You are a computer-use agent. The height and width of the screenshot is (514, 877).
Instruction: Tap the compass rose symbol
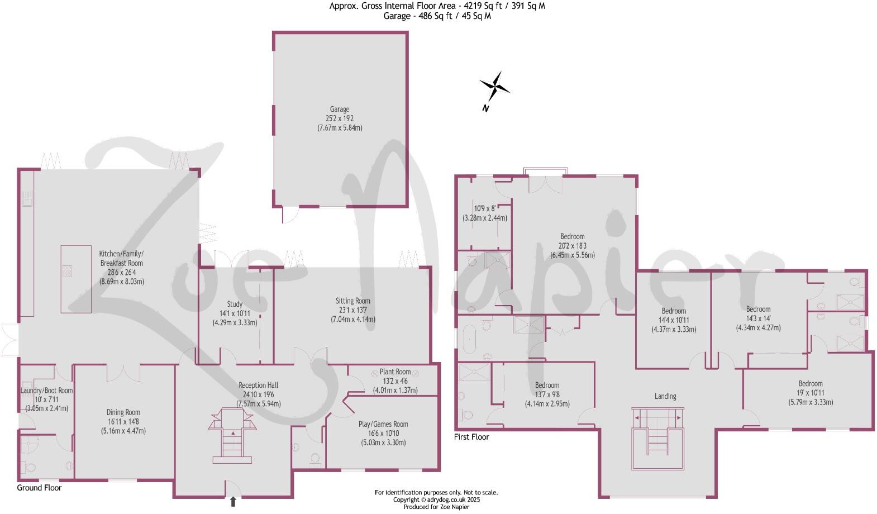(x=494, y=86)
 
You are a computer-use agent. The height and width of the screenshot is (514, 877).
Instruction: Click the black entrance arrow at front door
(x=233, y=502)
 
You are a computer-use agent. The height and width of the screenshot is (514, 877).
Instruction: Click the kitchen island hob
(x=67, y=271)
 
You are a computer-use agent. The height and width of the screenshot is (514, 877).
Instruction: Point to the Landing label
(x=665, y=396)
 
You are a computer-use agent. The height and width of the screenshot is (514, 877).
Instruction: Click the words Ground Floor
(x=39, y=488)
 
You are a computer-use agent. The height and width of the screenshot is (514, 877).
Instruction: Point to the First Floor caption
(x=471, y=437)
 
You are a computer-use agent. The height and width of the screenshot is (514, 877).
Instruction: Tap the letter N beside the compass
(x=485, y=108)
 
